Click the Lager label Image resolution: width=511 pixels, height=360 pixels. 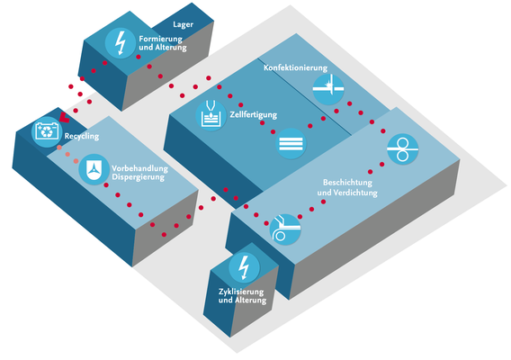point(183,25)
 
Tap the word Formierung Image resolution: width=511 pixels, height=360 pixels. point(161,39)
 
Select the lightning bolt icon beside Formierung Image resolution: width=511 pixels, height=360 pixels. point(121,43)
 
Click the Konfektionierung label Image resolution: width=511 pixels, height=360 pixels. point(295,67)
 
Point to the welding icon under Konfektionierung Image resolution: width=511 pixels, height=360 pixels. point(328,89)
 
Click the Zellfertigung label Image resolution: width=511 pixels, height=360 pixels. point(253,115)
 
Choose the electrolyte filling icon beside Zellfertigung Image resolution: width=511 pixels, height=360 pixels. point(211,116)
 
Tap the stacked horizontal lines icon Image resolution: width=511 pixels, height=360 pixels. point(291,144)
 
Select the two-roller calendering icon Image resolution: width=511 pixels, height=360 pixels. point(402,149)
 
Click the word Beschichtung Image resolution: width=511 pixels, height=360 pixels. point(347,183)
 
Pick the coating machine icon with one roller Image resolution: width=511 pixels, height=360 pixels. point(285,229)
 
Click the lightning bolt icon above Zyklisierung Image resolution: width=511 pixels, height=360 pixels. point(244,267)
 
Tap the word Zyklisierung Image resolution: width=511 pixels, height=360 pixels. point(241,292)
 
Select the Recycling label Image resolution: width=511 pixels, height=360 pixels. point(82,136)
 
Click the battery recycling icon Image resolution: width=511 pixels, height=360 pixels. point(47,131)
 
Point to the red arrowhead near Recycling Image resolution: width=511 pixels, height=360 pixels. point(64,117)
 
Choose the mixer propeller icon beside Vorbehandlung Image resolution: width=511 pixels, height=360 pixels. point(94,169)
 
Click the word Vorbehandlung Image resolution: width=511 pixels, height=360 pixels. point(139,168)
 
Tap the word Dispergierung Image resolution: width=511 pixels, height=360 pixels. point(139,177)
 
